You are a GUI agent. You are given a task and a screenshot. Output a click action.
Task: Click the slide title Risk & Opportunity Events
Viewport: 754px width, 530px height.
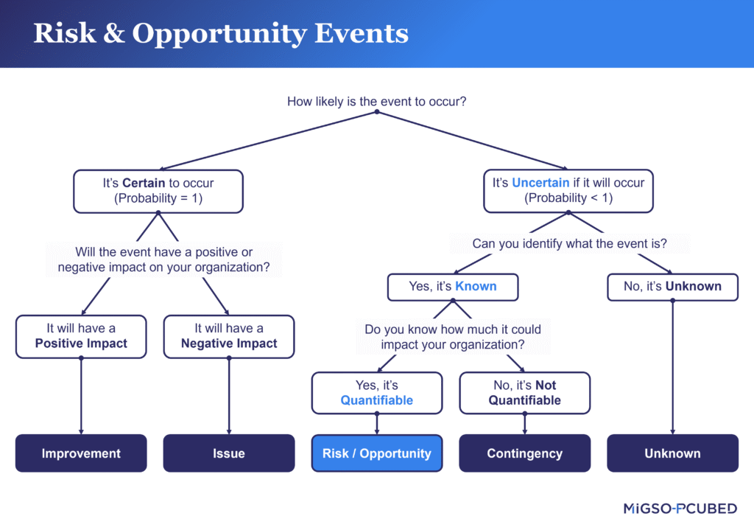(221, 34)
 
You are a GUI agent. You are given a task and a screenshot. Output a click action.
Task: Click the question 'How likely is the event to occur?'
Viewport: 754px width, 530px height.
(376, 101)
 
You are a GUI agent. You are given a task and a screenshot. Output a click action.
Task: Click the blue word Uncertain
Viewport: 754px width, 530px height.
(540, 183)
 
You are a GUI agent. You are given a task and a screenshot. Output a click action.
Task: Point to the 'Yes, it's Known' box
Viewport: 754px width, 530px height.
(453, 287)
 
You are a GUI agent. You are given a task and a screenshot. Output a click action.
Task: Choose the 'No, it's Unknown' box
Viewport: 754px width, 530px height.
(672, 287)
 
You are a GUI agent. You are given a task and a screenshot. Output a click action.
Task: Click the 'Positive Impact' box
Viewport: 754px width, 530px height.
(81, 336)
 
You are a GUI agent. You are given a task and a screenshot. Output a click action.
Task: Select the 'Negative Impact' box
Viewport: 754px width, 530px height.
(229, 336)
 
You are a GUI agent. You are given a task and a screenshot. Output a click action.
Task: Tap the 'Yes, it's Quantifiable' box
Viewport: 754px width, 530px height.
(377, 393)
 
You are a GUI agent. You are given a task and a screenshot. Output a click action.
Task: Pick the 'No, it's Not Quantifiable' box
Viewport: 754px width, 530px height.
(524, 393)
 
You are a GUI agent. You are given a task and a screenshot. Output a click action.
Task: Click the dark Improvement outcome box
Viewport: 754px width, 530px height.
(81, 453)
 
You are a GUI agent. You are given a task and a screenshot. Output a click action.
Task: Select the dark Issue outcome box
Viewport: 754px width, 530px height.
(229, 453)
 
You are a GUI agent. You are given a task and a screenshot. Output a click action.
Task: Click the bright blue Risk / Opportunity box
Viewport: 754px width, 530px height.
(377, 453)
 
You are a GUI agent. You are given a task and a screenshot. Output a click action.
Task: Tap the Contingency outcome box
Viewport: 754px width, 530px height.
(524, 453)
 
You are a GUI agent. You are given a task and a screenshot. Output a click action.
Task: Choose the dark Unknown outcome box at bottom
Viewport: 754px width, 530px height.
(672, 453)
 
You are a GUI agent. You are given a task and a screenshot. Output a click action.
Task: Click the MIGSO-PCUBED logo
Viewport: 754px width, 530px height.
(680, 509)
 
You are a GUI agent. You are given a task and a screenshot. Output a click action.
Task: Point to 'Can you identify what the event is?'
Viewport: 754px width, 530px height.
(570, 243)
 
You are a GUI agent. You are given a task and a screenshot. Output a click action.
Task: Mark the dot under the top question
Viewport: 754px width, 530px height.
(376, 112)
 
